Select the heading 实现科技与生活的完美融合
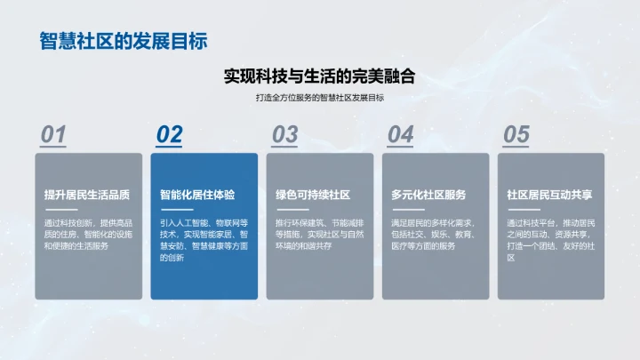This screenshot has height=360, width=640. tap(319, 76)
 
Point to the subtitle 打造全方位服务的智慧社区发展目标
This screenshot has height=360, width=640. tap(319, 98)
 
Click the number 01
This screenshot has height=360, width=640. tap(54, 134)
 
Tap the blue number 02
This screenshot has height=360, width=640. tap(169, 134)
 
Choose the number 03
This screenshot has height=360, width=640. tap(284, 134)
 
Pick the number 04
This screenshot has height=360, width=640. tap(400, 134)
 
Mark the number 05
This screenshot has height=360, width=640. tap(516, 134)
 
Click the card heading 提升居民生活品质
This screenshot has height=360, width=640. tap(87, 195)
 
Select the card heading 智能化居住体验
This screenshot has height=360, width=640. tap(197, 195)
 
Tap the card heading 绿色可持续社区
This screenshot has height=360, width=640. tap(312, 195)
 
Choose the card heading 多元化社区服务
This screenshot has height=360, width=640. tap(428, 195)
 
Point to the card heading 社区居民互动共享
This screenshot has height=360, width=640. tap(549, 195)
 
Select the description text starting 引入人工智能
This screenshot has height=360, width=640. tap(204, 239)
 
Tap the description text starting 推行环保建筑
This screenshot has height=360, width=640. tap(319, 234)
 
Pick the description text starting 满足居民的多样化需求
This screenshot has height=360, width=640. tap(434, 234)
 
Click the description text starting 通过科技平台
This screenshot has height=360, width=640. tap(549, 239)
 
